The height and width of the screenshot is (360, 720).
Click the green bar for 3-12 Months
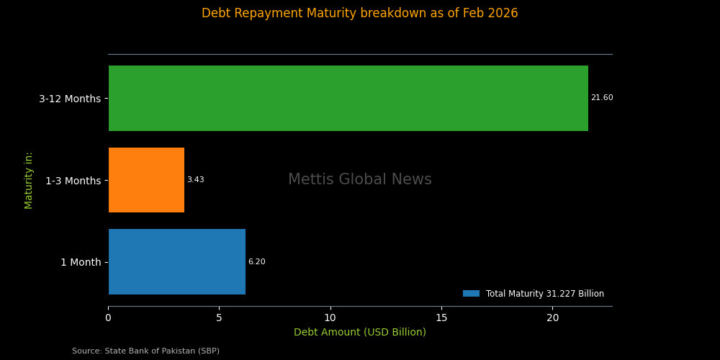pyautogui.click(x=348, y=98)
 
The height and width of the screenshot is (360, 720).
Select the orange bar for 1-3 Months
pyautogui.click(x=146, y=180)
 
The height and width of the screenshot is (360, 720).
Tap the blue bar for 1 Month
pyautogui.click(x=177, y=261)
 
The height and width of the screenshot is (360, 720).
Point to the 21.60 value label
pyautogui.click(x=602, y=98)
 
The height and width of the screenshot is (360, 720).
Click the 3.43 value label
pyautogui.click(x=195, y=180)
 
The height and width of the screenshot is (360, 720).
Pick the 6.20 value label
pyautogui.click(x=256, y=262)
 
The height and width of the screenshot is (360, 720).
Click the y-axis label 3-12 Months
pyautogui.click(x=70, y=99)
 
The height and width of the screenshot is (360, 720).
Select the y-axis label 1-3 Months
pyautogui.click(x=73, y=181)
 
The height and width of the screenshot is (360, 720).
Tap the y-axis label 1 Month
pyautogui.click(x=81, y=262)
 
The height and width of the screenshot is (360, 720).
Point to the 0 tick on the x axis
pyautogui.click(x=109, y=318)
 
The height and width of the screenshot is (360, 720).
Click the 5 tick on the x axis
pyautogui.click(x=220, y=318)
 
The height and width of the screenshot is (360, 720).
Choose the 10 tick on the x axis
pyautogui.click(x=330, y=318)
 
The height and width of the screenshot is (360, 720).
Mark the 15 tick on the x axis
pyautogui.click(x=441, y=318)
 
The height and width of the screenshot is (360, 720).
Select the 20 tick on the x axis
pyautogui.click(x=552, y=318)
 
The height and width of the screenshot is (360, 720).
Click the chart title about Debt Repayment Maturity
pyautogui.click(x=360, y=14)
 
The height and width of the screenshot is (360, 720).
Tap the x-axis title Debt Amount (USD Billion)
pyautogui.click(x=360, y=333)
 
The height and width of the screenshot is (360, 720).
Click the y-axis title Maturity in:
pyautogui.click(x=29, y=180)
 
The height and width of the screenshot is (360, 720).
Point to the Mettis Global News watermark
pyautogui.click(x=360, y=180)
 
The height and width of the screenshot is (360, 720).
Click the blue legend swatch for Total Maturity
pyautogui.click(x=471, y=294)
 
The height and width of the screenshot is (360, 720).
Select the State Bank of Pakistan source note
pyautogui.click(x=145, y=351)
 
